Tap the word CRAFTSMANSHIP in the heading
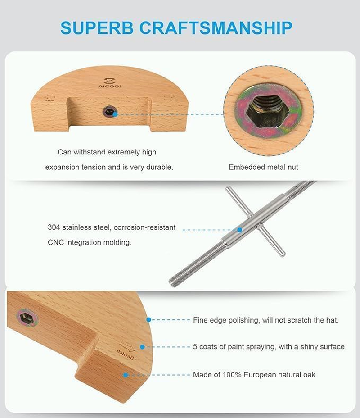tap(216, 27)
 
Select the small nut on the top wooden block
tap(109, 112)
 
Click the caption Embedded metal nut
tap(263, 167)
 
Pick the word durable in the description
tap(160, 167)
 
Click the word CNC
tap(56, 242)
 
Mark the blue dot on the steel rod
tap(240, 230)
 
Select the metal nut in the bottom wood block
tap(27, 318)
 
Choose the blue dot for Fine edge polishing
tap(149, 319)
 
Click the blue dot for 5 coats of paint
tap(142, 347)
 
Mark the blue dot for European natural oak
tap(126, 375)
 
